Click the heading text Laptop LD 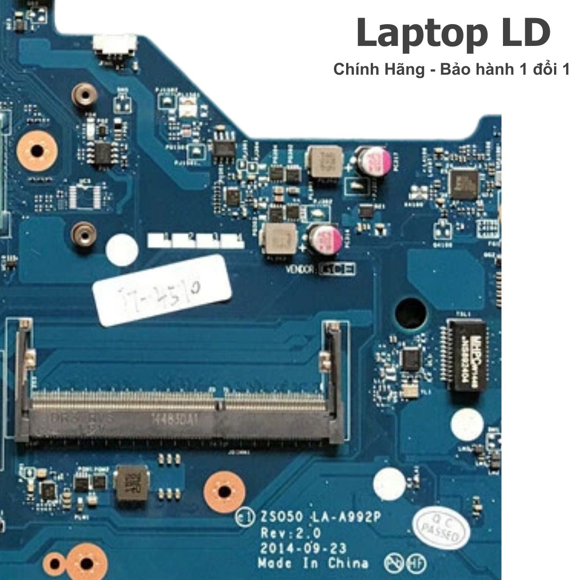453,33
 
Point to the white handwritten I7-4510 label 162,290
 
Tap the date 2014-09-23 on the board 303,548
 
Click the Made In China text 313,564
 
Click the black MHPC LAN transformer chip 466,354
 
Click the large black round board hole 411,312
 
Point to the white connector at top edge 115,44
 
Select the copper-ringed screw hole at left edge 37,150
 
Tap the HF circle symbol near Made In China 416,564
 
